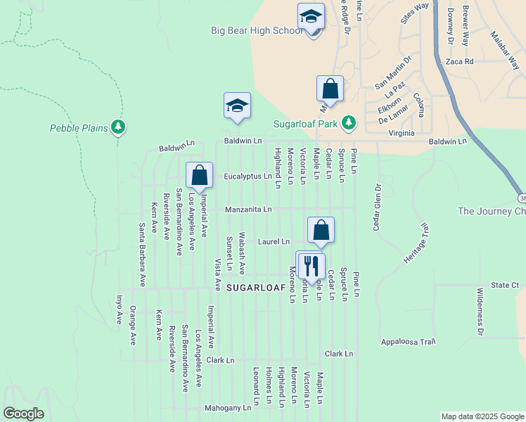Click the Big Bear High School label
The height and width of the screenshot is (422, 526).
click(x=258, y=30)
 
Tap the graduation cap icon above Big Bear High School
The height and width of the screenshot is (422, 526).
click(x=311, y=17)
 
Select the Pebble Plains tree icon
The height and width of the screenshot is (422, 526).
click(x=119, y=127)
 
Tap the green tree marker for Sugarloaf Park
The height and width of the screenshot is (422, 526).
click(x=348, y=124)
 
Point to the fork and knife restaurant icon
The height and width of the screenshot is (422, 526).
click(x=311, y=265)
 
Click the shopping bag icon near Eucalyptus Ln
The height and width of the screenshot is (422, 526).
click(x=200, y=175)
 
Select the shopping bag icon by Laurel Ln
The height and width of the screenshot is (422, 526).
click(x=321, y=229)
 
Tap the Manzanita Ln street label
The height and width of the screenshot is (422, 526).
click(x=248, y=210)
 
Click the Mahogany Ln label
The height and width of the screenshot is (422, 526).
click(x=228, y=408)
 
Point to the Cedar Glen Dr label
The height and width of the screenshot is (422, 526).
click(x=377, y=207)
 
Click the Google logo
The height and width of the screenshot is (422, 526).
click(x=24, y=414)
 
